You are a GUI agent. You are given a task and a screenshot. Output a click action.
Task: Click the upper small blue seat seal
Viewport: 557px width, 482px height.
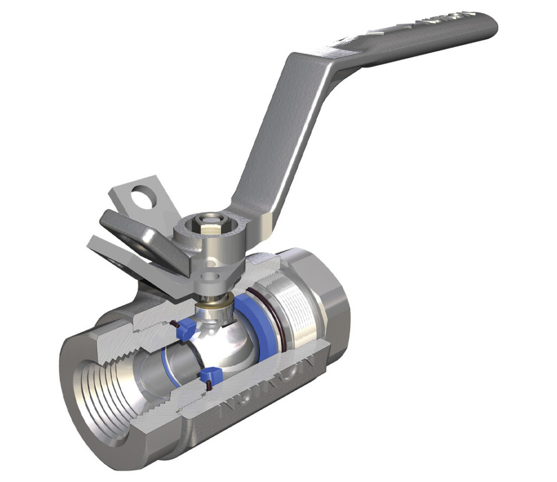[187, 327]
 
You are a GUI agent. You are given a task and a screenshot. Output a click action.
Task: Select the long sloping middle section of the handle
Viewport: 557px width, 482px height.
[272, 136]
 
